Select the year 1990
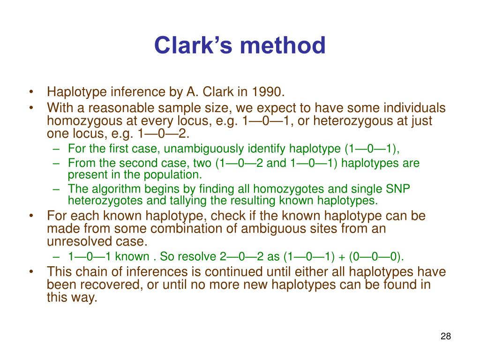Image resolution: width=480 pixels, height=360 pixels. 267,91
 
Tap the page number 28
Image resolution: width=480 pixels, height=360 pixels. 445,337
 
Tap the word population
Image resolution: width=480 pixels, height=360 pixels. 177,175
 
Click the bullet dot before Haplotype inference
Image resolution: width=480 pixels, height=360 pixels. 31,91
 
